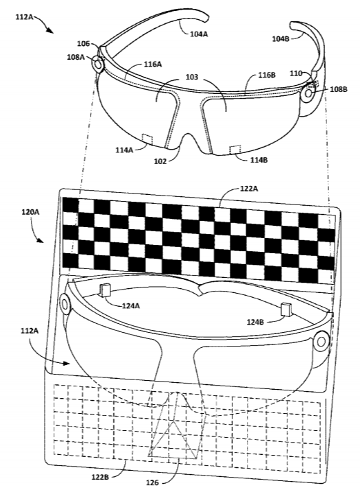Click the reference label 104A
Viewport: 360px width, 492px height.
pyautogui.click(x=199, y=34)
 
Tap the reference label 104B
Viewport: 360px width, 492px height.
pyautogui.click(x=280, y=38)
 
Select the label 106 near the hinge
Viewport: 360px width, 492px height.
pyautogui.click(x=84, y=44)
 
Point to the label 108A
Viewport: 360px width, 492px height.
pyautogui.click(x=75, y=57)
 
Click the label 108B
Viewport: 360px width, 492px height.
pyautogui.click(x=338, y=89)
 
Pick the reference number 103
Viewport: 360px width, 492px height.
pyautogui.click(x=192, y=77)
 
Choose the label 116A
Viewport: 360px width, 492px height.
pyautogui.click(x=153, y=65)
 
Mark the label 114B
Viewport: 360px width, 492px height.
pyautogui.click(x=259, y=160)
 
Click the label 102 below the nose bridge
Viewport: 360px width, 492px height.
pyautogui.click(x=160, y=161)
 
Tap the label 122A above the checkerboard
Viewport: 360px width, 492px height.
pyautogui.click(x=249, y=189)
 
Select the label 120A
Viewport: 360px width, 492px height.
pyautogui.click(x=30, y=212)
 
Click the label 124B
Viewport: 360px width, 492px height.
pyautogui.click(x=256, y=322)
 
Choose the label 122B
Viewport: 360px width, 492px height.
pyautogui.click(x=100, y=478)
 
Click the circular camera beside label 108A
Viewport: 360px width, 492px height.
pyautogui.click(x=98, y=65)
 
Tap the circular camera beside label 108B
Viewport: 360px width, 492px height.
pyautogui.click(x=309, y=93)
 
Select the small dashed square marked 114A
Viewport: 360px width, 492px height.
pyautogui.click(x=147, y=140)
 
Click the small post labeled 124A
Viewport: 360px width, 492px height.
pyautogui.click(x=105, y=290)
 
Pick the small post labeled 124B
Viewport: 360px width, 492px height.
pyautogui.click(x=286, y=309)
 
